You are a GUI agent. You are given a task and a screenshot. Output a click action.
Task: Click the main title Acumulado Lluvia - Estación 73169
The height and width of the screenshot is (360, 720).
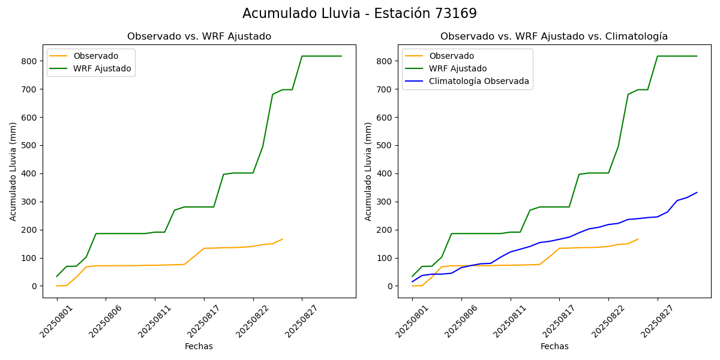(x=359, y=13)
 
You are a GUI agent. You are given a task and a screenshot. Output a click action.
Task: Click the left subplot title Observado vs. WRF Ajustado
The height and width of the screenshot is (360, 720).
(x=199, y=37)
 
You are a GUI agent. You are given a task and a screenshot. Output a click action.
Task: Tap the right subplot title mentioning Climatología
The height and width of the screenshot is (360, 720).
(x=554, y=37)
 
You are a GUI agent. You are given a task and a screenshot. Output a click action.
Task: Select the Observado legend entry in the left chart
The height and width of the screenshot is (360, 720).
(x=95, y=56)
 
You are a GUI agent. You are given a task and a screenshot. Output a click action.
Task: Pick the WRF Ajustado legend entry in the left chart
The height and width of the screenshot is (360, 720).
(x=102, y=68)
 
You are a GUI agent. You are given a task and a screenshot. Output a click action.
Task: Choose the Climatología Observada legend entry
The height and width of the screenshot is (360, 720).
(x=479, y=81)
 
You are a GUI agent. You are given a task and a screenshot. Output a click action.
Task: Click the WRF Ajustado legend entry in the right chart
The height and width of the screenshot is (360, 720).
(x=458, y=68)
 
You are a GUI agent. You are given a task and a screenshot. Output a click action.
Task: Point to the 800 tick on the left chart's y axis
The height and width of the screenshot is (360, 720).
(x=29, y=61)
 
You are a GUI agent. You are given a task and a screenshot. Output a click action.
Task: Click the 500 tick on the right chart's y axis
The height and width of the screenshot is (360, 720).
(x=385, y=146)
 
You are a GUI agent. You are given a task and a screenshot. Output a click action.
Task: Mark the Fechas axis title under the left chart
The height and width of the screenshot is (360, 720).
(x=199, y=346)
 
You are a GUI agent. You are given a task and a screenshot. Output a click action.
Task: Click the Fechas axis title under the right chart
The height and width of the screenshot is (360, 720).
(x=554, y=346)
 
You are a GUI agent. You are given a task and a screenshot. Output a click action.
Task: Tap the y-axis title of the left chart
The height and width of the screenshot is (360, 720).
(x=13, y=171)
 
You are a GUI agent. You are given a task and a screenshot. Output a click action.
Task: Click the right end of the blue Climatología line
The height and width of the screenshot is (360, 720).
(x=697, y=193)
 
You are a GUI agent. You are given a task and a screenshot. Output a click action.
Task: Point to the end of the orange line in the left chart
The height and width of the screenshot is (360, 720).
(x=283, y=239)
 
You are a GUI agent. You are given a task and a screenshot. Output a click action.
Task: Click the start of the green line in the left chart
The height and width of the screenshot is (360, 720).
(x=57, y=276)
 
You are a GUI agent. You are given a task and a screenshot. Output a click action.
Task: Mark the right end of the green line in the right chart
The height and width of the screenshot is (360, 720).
(x=697, y=56)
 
